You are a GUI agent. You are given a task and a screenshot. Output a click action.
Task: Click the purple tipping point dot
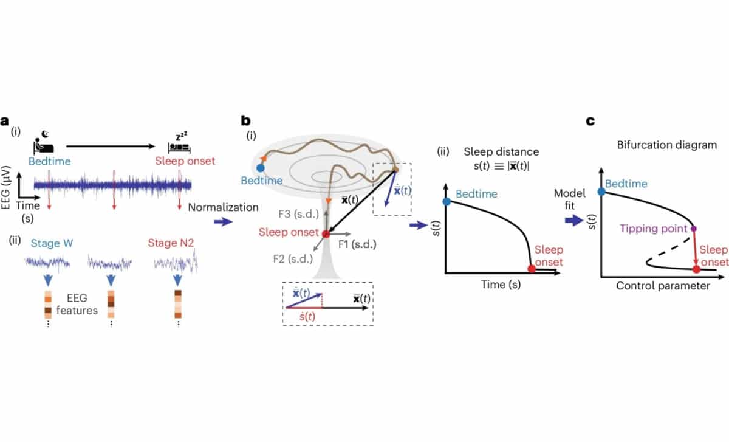point(694,229)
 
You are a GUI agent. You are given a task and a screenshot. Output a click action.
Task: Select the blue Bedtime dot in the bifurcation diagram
point(602,191)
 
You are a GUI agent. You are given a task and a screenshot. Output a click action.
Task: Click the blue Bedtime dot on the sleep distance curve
point(447,201)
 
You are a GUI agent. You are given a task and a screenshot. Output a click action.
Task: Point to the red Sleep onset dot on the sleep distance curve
point(532,268)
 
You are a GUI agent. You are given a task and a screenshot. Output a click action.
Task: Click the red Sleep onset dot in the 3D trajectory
point(326,233)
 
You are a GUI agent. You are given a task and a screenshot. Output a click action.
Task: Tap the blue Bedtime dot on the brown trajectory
point(261,167)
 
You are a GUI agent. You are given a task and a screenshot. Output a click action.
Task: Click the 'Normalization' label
point(224,207)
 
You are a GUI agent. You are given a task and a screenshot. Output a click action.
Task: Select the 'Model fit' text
point(570,200)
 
